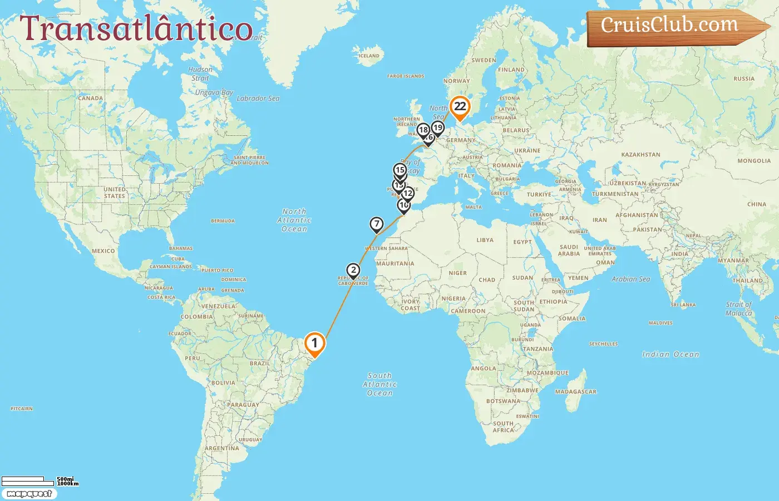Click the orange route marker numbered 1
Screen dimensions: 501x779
click(314, 343)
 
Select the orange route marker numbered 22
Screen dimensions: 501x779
click(460, 107)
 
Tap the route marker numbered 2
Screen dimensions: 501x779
click(353, 271)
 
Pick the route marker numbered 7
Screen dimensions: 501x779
click(377, 224)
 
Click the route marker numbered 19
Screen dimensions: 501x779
click(438, 128)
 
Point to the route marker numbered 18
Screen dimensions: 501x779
click(423, 130)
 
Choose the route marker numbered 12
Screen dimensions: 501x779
click(408, 194)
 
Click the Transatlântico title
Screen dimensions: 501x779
click(136, 29)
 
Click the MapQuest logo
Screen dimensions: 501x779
click(29, 494)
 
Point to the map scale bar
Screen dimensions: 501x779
click(39, 480)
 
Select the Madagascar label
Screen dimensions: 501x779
click(575, 392)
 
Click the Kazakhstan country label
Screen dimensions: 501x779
click(640, 155)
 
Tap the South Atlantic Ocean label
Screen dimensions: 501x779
click(379, 384)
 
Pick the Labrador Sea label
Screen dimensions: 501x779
click(258, 99)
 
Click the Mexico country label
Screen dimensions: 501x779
click(103, 251)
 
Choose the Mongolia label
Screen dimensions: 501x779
click(754, 161)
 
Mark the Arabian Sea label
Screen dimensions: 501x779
click(630, 279)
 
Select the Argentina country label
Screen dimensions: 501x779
click(221, 448)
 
